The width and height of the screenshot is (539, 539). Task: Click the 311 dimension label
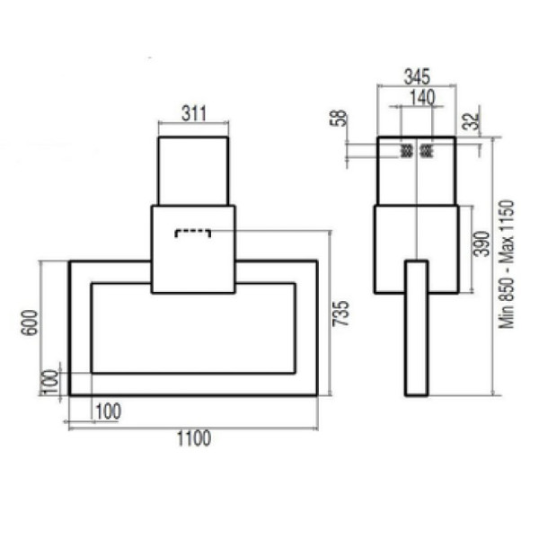194,114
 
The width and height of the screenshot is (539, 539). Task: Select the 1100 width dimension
194,438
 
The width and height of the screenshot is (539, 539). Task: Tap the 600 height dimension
29,323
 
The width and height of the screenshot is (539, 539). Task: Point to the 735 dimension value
340,314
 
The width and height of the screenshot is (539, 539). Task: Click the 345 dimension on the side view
417,76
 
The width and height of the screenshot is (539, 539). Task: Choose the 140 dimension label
422,98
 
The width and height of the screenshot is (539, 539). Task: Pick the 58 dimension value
339,119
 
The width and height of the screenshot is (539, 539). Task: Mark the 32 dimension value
471,120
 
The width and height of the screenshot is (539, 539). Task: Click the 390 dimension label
481,244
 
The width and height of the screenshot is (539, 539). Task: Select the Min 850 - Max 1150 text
507,264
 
